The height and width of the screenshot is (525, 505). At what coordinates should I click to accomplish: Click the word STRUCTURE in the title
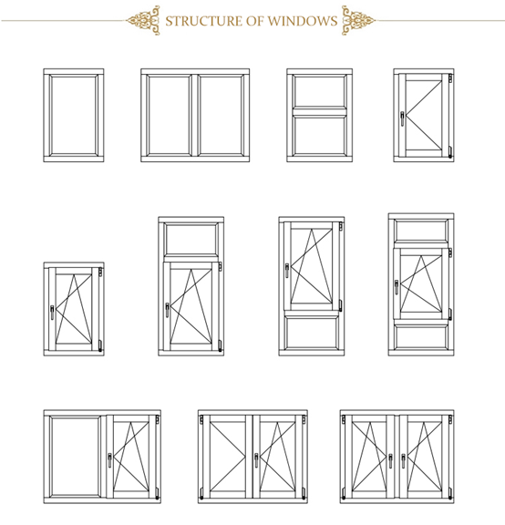(x=196, y=20)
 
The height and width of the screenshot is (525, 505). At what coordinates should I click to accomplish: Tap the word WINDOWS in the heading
(x=304, y=20)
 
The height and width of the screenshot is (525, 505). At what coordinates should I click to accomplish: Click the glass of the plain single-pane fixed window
(x=74, y=116)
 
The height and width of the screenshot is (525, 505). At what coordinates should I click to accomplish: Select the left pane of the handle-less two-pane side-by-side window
(x=170, y=116)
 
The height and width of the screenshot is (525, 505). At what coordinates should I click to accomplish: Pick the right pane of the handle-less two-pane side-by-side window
(x=221, y=116)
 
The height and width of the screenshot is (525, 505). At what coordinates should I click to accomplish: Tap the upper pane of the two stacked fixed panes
(x=318, y=92)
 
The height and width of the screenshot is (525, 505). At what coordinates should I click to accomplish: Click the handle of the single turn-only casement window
(x=402, y=118)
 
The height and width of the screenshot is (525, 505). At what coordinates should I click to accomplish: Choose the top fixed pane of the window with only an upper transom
(x=191, y=239)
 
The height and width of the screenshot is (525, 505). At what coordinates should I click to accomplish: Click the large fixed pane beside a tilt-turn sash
(x=76, y=456)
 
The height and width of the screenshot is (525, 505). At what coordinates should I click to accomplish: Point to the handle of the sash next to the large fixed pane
(x=112, y=458)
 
